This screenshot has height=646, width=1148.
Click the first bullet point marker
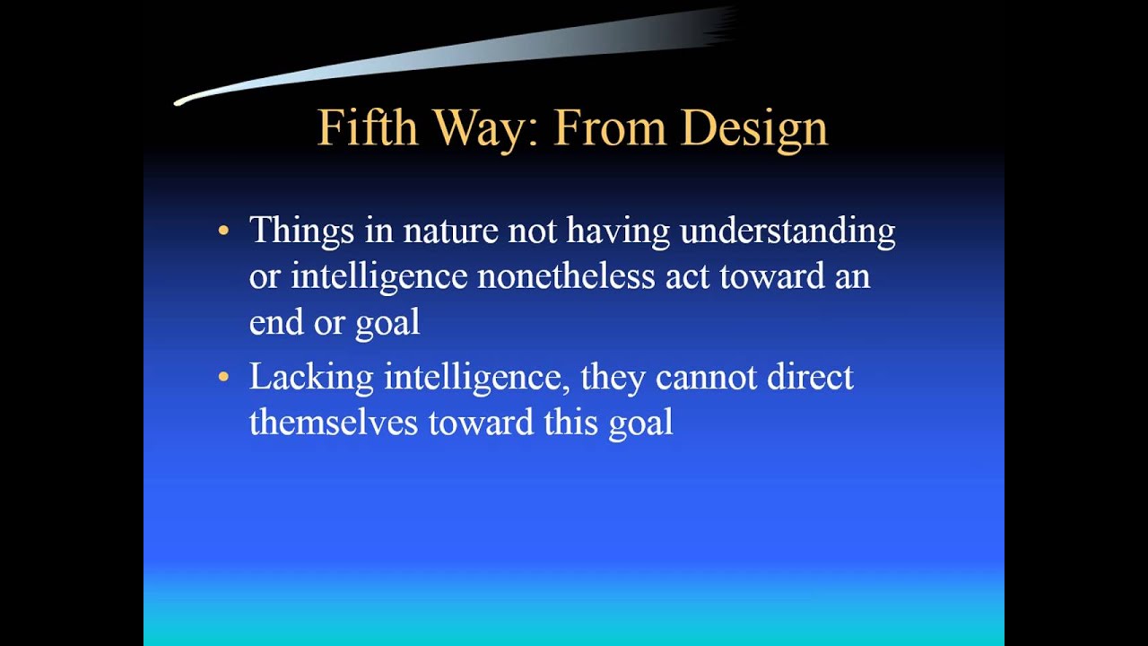[x=223, y=231]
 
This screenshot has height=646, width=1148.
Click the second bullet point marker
[x=223, y=377]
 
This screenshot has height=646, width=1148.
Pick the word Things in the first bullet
[x=301, y=231]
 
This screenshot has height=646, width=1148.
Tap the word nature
[x=450, y=231]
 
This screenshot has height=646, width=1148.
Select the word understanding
[x=787, y=231]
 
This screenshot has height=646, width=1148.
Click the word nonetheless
[x=566, y=276]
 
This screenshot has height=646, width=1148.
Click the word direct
[x=810, y=377]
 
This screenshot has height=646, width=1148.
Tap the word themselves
[x=334, y=423]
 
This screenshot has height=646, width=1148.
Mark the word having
[x=618, y=231]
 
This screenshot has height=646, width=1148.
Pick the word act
[x=687, y=276]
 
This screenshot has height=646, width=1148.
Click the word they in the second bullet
[x=613, y=377]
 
